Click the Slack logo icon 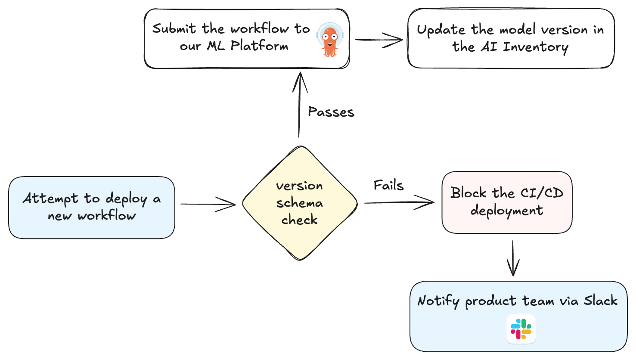[x=521, y=329]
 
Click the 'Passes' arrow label [x=331, y=112]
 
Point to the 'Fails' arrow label [x=388, y=186]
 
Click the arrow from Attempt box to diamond [x=208, y=204]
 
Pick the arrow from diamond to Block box [x=399, y=202]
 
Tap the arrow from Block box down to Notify [x=513, y=258]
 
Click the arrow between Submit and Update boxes [x=378, y=40]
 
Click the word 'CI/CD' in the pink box [x=542, y=192]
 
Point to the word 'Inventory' [x=536, y=47]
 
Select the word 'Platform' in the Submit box [x=259, y=45]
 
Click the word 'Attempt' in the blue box [x=50, y=199]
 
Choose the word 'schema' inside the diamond [x=300, y=203]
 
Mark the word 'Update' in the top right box [x=441, y=30]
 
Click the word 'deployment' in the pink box [x=507, y=211]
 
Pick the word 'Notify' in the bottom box [x=438, y=301]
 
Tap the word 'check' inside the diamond [x=300, y=220]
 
